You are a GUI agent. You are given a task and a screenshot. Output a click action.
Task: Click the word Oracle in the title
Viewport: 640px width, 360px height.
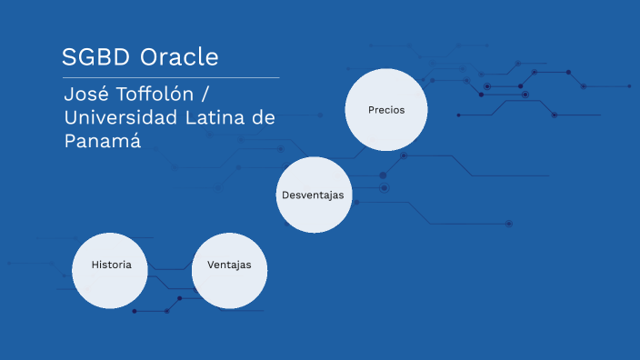click(x=179, y=57)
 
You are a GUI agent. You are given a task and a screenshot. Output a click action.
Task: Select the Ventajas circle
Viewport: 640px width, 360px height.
click(x=229, y=270)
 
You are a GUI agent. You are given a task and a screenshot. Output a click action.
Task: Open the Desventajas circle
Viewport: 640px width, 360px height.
click(x=314, y=195)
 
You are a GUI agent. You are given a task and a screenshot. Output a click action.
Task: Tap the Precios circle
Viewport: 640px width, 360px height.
click(x=385, y=109)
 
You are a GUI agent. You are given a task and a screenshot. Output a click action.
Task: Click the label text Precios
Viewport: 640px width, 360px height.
click(x=385, y=109)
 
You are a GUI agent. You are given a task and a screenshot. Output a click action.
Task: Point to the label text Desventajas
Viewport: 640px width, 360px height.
click(x=314, y=195)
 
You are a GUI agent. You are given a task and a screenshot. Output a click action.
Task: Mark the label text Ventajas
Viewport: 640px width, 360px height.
click(x=229, y=265)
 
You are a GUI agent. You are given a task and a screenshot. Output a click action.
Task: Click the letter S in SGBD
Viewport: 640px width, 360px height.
click(x=69, y=57)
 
